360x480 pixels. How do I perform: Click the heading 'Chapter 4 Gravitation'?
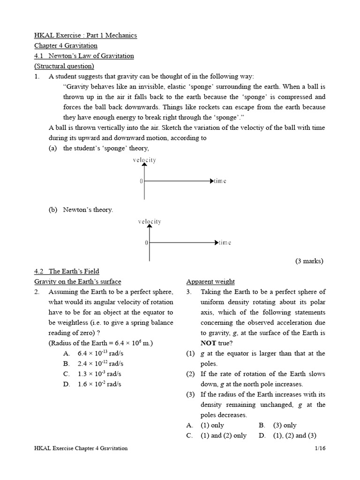[66, 45]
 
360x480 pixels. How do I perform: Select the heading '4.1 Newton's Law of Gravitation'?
[84, 56]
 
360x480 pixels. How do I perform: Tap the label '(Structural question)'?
[64, 66]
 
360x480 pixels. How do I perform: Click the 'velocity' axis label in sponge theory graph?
[144, 160]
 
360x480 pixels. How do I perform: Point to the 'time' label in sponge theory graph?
[220, 181]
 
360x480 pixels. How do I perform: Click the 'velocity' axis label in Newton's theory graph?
[150, 221]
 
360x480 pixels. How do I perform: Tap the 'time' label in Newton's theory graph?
[225, 243]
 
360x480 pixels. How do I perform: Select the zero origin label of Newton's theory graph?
[146, 243]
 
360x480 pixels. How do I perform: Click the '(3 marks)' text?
[309, 261]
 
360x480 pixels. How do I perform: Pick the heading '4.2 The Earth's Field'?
[67, 271]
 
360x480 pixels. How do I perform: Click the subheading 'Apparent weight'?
[210, 282]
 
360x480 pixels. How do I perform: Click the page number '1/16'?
[320, 449]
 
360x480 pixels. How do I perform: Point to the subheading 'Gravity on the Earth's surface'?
[78, 282]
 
